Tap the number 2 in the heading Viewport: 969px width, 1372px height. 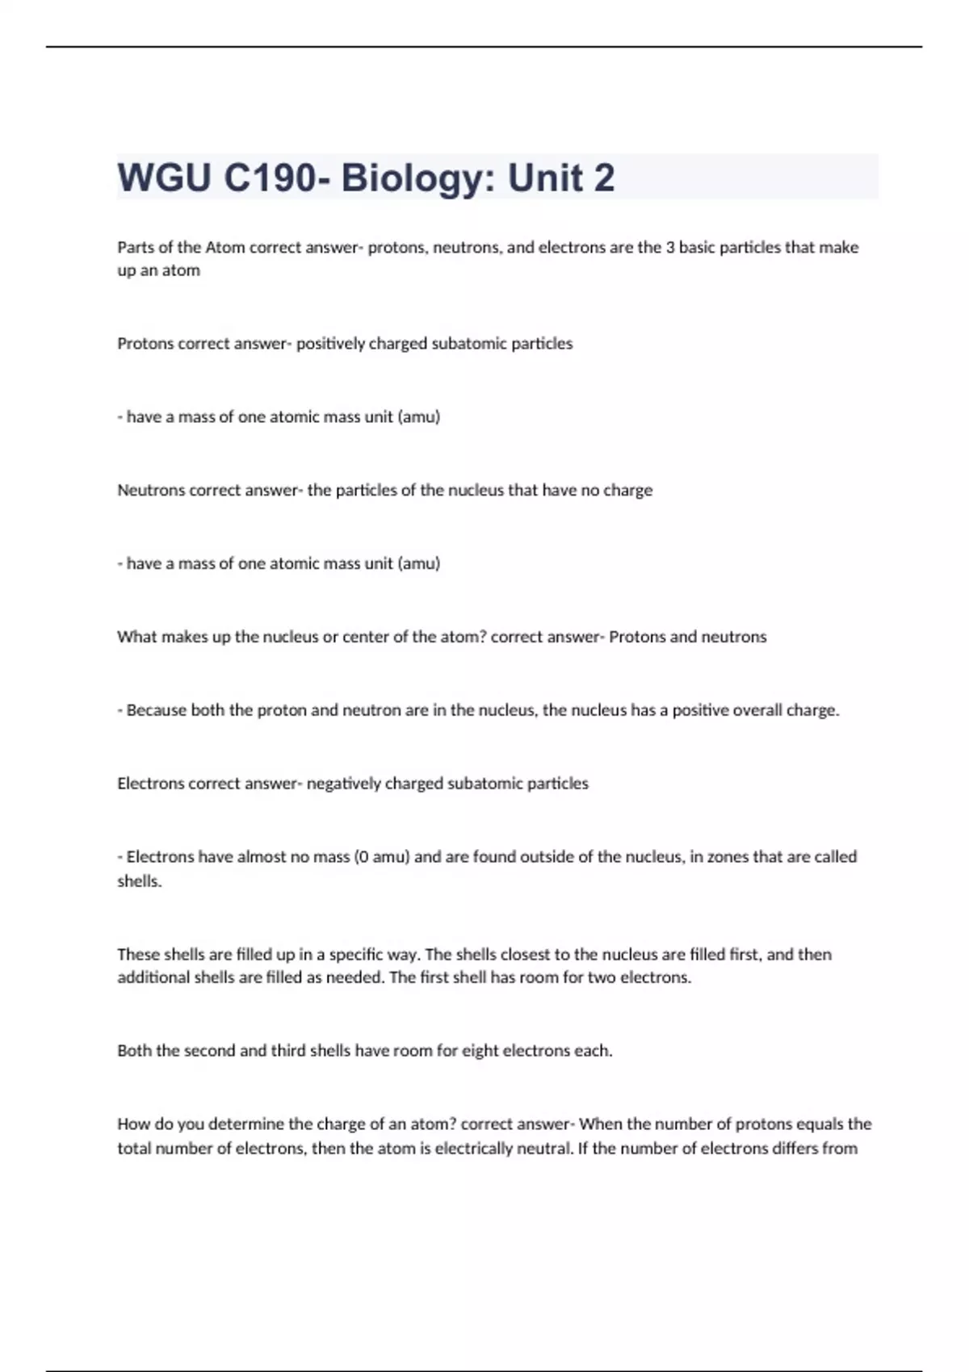click(604, 178)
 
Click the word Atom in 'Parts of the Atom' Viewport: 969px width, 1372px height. click(224, 247)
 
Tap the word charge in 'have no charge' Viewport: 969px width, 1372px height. click(627, 490)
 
